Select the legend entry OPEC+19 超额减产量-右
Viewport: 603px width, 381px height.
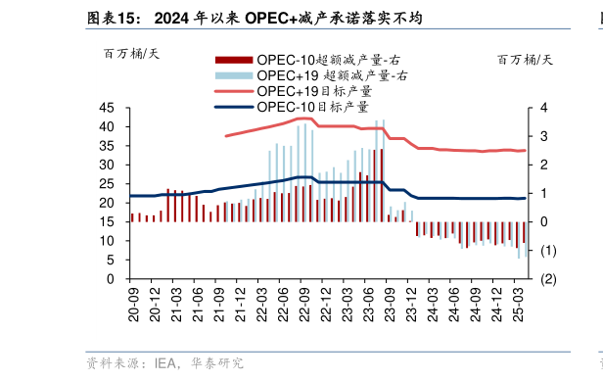[x=333, y=74]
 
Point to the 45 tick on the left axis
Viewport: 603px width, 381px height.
[x=108, y=109]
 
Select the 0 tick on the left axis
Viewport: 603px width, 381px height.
[x=112, y=279]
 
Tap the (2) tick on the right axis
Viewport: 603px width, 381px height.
[x=548, y=279]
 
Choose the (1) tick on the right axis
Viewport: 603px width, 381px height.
[x=548, y=251]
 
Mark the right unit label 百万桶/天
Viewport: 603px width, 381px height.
[x=525, y=58]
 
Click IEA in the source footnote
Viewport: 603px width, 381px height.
[x=164, y=363]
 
